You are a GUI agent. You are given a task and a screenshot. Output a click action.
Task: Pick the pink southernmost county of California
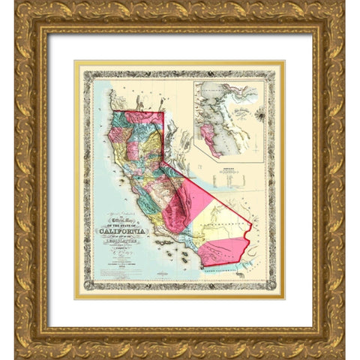[x=225, y=255]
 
